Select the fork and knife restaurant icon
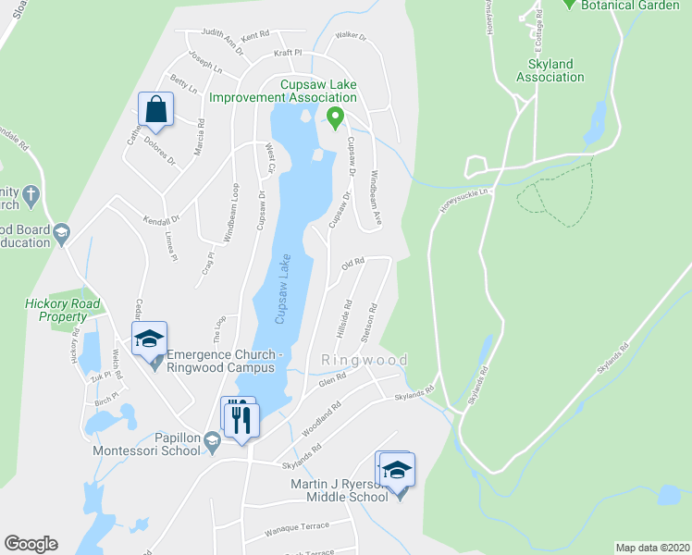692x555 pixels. tap(243, 419)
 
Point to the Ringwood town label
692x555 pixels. tap(365, 359)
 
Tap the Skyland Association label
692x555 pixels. tap(550, 70)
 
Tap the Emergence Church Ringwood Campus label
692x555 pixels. tap(223, 360)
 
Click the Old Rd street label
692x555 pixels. tap(353, 265)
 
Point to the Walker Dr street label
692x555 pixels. tap(351, 38)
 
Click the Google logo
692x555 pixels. tap(31, 544)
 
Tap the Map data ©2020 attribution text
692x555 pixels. tap(652, 548)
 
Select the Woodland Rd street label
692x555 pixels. tap(322, 418)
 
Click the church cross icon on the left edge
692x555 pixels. tap(31, 195)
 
